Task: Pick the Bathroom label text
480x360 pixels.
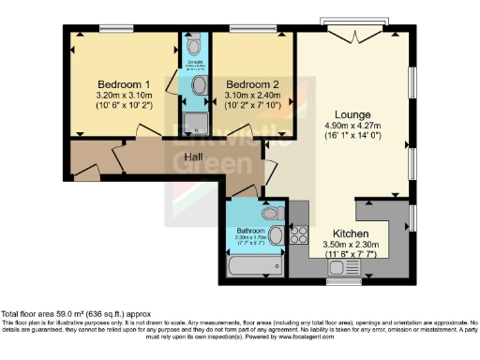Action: tap(249, 230)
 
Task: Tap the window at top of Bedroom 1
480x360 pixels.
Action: tap(114, 27)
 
